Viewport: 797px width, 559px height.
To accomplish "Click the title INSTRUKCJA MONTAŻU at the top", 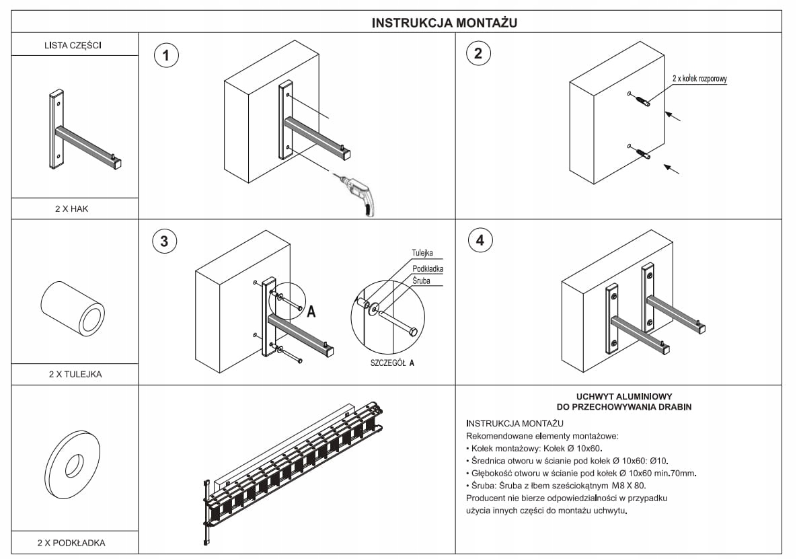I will coord(444,23).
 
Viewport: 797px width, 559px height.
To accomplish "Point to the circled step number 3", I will coord(164,241).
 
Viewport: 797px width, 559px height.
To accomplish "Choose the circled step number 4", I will coord(480,240).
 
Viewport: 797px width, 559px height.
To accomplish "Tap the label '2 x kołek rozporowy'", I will coord(699,79).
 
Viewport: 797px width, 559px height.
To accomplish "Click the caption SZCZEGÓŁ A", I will coord(392,362).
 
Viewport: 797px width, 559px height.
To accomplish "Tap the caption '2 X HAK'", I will coord(72,209).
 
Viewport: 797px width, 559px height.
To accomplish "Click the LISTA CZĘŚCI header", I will coord(73,46).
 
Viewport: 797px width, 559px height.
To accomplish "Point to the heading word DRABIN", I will coord(676,407).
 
